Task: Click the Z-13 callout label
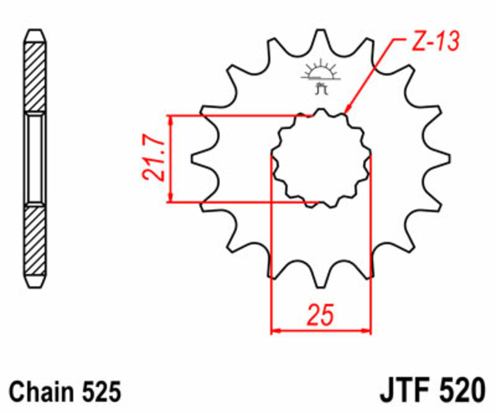tap(433, 42)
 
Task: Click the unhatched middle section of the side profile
tap(35, 159)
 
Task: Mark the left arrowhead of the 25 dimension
tap(276, 331)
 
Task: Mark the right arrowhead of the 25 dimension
tap(366, 331)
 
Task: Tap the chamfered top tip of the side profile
tap(35, 33)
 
